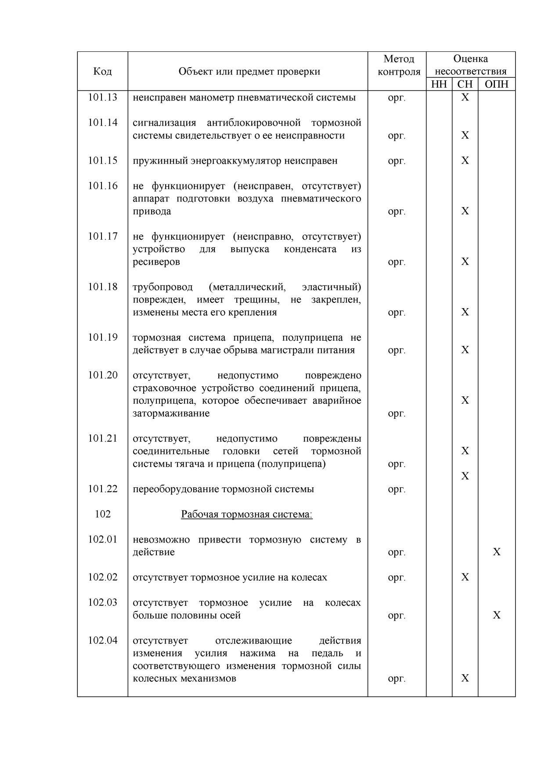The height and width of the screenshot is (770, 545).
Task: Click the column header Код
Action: coord(102,71)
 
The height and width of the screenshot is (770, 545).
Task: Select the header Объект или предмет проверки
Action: coord(249,71)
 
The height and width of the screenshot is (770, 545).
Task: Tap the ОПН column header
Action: coord(496,84)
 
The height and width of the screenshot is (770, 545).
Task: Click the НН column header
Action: coord(439,84)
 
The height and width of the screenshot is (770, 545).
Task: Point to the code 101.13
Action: coord(102,97)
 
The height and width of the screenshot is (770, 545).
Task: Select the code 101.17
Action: coord(102,236)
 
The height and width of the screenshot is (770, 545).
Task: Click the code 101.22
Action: coord(102,489)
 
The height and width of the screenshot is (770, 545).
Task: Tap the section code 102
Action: coord(102,514)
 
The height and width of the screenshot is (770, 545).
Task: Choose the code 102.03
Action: coord(102,602)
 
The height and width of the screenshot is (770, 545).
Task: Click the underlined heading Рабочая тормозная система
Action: coord(246,514)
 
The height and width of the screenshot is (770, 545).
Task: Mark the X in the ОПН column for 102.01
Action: coord(496,552)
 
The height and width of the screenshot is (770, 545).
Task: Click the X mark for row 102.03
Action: coord(496,615)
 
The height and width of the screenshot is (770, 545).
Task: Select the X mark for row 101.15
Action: coord(465,161)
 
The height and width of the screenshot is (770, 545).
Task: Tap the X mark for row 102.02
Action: coord(465,577)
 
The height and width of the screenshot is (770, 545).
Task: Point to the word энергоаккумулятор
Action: coord(235,161)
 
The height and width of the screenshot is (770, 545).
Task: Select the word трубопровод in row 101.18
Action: coord(162,287)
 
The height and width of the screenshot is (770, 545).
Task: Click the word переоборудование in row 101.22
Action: coord(176,489)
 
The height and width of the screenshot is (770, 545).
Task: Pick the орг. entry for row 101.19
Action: coord(397,350)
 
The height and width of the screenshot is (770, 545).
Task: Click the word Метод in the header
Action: coord(398,59)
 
